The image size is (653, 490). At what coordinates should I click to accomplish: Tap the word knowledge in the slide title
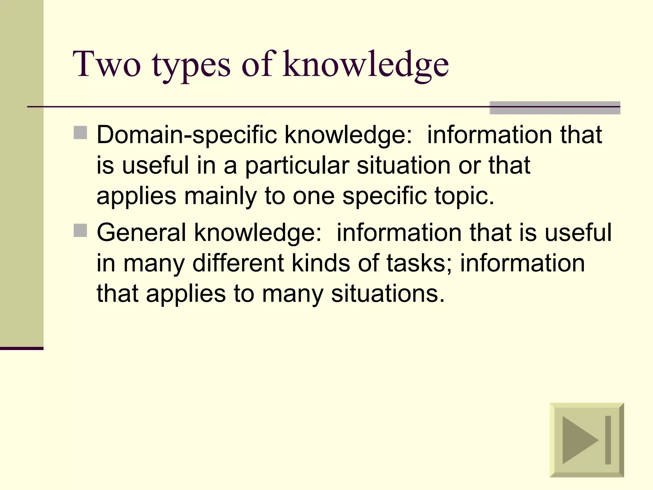365,65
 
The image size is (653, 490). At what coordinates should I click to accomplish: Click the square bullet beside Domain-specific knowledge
80,133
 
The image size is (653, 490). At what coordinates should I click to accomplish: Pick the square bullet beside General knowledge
80,230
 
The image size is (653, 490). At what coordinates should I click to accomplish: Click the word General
141,232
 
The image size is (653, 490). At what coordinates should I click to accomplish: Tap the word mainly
220,196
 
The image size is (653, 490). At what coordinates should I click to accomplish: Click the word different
238,263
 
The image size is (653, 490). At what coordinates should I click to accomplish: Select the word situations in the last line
388,293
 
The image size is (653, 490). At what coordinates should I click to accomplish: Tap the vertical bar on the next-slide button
608,440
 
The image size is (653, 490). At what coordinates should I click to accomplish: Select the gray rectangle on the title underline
554,108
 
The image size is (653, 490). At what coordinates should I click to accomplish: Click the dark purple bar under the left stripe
21,348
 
